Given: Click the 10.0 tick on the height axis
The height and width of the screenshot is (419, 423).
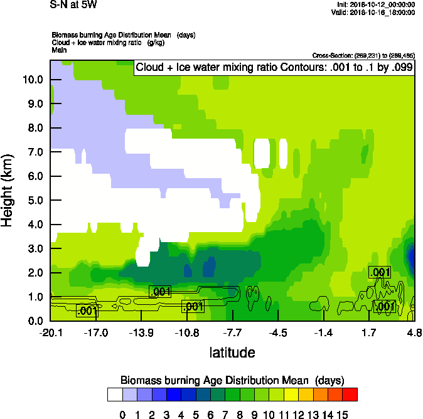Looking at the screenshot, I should coord(33,80).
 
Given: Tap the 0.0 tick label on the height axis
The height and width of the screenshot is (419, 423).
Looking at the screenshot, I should coord(35,321).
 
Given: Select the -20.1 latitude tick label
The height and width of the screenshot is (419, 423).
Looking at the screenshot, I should coord(50,333).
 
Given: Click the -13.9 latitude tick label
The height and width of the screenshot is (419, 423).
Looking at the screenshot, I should coord(141,333).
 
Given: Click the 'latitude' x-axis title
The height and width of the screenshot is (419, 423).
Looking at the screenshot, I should coord(232,353).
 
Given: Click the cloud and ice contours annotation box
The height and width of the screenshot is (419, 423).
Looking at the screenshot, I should coord(274,68).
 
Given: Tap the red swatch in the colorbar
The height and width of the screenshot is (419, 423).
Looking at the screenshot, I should coord(350,394).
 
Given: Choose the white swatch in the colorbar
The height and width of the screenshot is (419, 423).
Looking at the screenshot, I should coord(114,394).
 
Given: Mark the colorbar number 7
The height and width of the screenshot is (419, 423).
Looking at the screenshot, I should coord(223,414).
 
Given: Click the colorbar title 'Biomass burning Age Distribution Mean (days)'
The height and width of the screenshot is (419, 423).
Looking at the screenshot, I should coord(232,380).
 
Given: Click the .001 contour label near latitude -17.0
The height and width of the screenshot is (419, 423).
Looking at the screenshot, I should coord(86,310).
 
